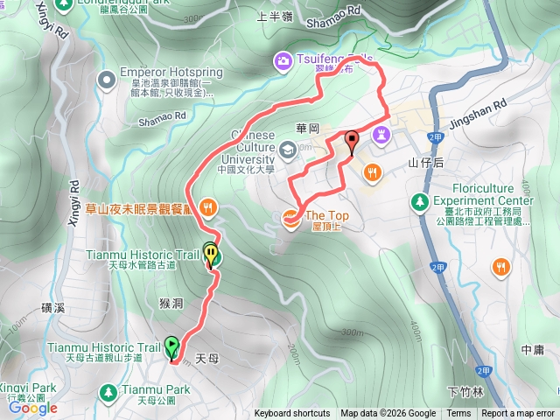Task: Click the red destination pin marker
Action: click(352, 141)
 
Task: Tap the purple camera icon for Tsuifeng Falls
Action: click(283, 60)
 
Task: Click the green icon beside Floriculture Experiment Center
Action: click(419, 202)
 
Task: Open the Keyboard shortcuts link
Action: click(292, 414)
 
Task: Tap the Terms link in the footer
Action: click(458, 414)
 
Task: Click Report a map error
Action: click(518, 414)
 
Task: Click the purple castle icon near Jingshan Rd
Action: click(381, 136)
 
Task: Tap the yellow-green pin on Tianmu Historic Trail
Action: click(211, 254)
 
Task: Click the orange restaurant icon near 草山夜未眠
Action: click(207, 207)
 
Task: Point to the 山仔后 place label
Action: click(427, 164)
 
